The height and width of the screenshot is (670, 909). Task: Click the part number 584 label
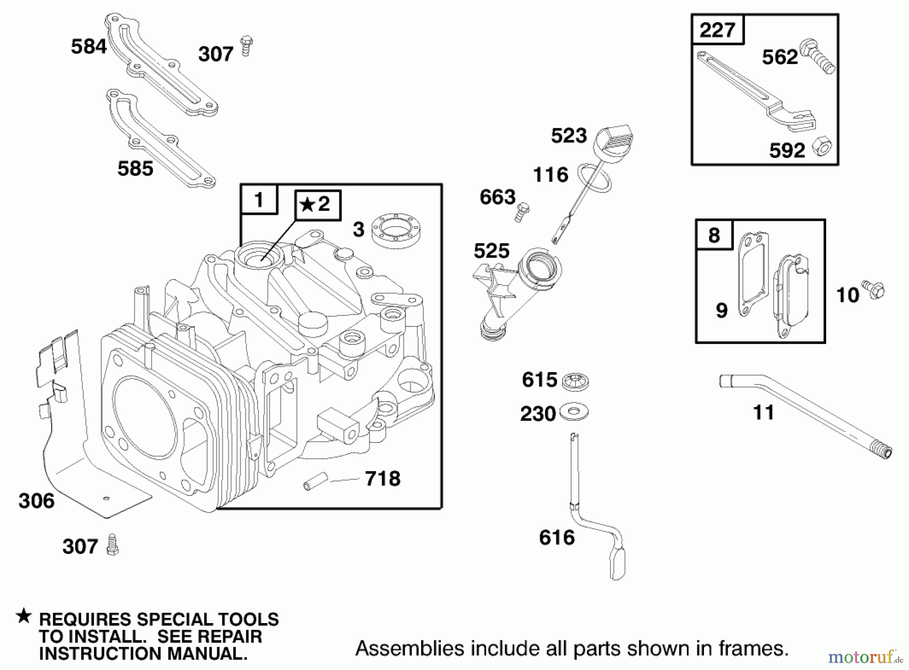point(89,46)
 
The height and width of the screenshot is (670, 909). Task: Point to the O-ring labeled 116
point(595,178)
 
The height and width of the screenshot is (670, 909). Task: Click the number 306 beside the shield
point(36,501)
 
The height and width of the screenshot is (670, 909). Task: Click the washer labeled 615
point(575,381)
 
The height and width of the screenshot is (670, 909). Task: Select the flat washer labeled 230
point(574,412)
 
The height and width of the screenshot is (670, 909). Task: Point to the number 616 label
point(557,538)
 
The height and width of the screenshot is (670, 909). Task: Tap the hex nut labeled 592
point(822,147)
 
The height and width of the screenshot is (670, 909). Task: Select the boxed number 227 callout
point(717,30)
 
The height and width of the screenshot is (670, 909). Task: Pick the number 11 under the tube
point(763,413)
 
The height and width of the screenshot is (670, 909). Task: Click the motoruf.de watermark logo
point(865,656)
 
